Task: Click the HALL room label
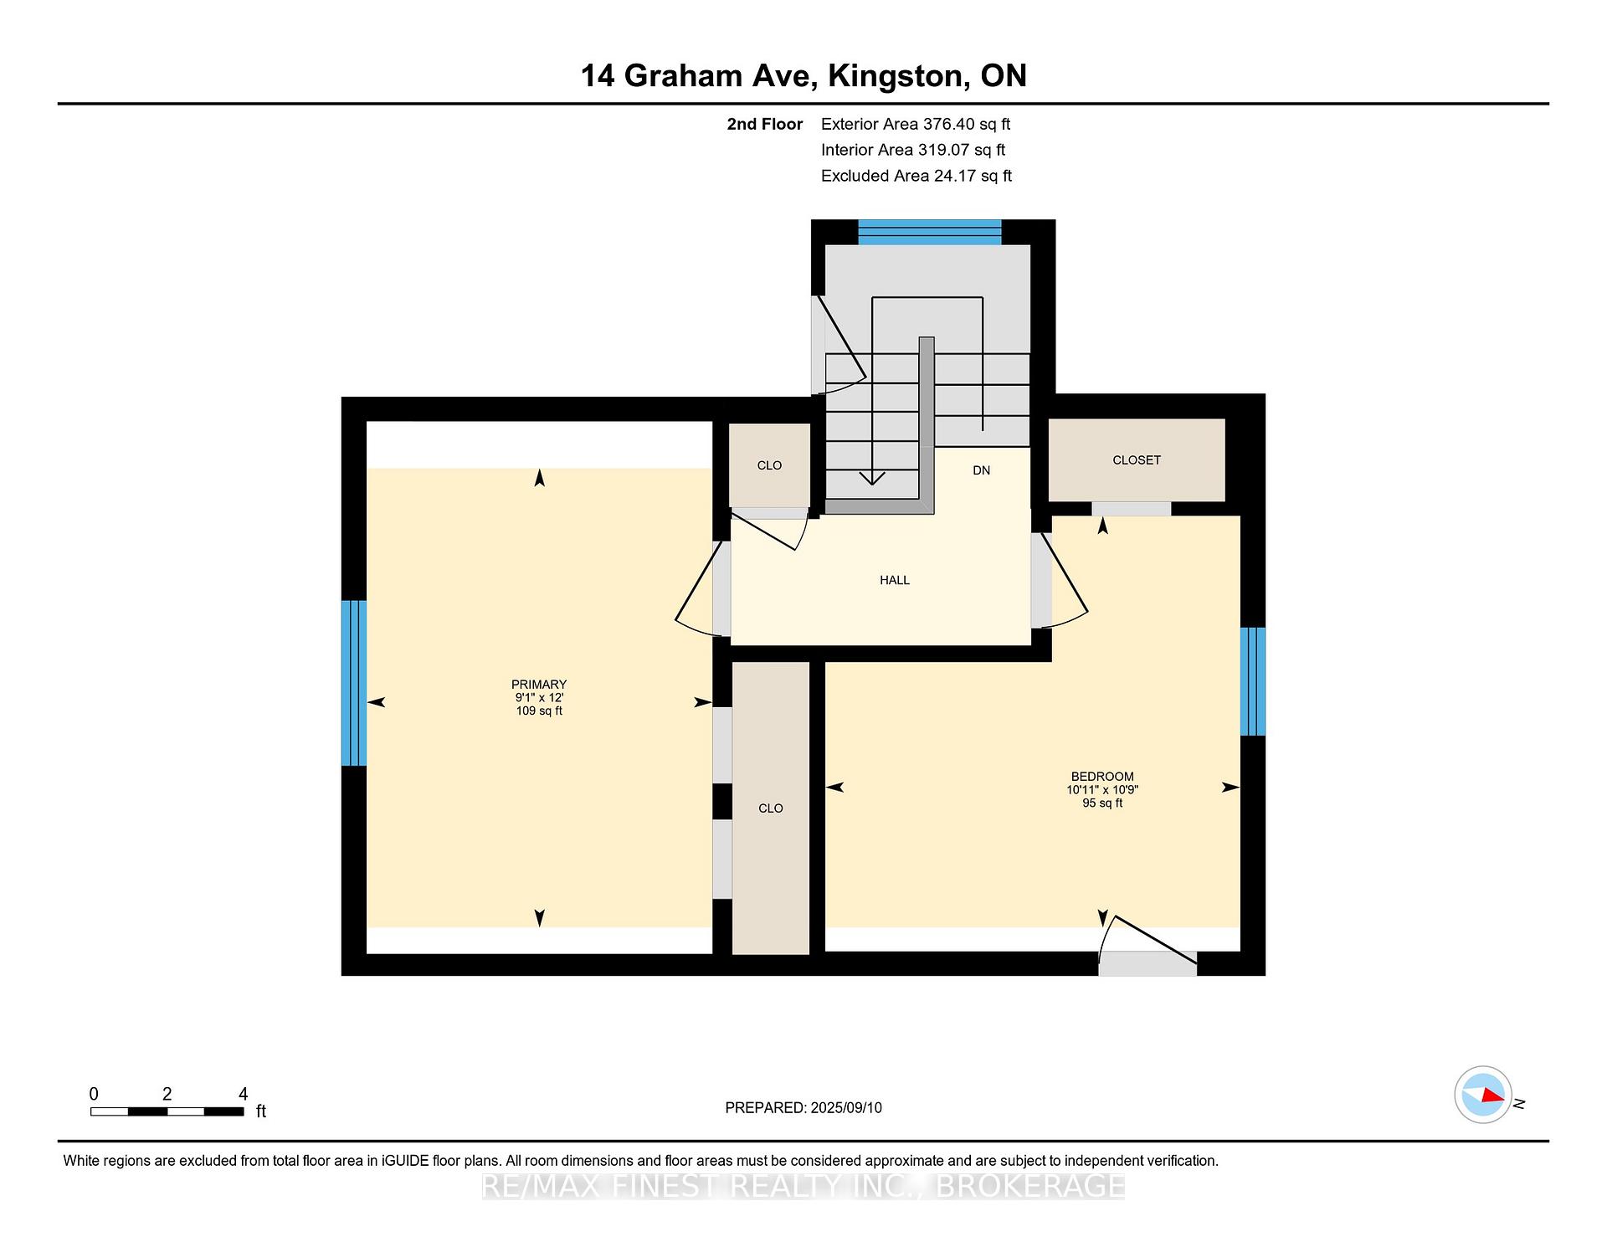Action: tap(895, 580)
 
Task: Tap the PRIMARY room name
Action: tap(539, 685)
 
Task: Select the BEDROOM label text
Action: tap(1102, 777)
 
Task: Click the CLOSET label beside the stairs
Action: tap(1137, 460)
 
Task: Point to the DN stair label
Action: tap(982, 470)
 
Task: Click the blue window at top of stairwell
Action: tap(930, 232)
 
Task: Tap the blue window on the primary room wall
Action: tap(354, 683)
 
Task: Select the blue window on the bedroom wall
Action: tap(1253, 681)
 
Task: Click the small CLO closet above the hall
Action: tap(769, 465)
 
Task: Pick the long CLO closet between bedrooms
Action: tap(771, 808)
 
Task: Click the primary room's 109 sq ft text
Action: tap(539, 711)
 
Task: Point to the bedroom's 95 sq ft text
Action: tap(1102, 803)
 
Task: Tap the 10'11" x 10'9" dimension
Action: tap(1102, 790)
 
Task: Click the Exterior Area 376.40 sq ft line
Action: tap(916, 124)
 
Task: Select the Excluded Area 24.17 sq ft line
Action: tap(916, 176)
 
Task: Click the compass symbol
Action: tap(1483, 1095)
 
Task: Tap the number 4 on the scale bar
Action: tap(243, 1094)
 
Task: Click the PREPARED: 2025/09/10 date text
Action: tap(803, 1108)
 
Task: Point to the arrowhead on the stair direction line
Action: tap(872, 479)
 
